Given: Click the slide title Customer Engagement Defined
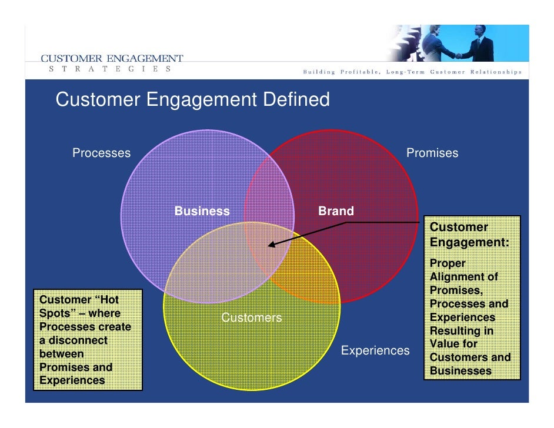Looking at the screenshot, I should [192, 99].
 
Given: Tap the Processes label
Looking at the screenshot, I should [101, 153].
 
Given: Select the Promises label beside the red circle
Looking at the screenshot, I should [432, 153].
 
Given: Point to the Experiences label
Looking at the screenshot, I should [375, 350].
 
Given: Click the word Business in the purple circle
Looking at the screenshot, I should [202, 211].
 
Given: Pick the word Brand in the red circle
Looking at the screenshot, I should [336, 211].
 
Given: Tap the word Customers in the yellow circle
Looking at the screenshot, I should [251, 318].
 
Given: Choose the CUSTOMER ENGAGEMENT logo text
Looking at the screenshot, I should [112, 58].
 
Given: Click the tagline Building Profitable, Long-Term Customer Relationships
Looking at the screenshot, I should [412, 72].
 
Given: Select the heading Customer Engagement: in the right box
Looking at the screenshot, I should [469, 235].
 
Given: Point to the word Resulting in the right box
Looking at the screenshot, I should [462, 330].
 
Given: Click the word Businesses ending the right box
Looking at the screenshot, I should [460, 371].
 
